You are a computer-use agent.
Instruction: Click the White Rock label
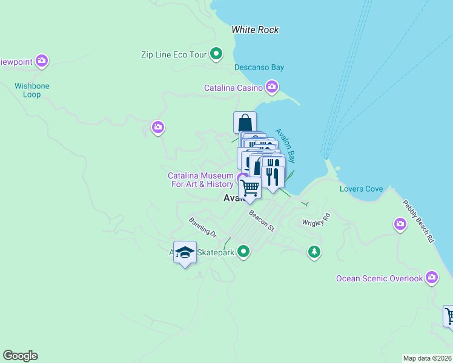click(x=255, y=29)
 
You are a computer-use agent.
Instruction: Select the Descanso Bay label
click(x=259, y=67)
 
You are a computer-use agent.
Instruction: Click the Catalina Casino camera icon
click(x=272, y=88)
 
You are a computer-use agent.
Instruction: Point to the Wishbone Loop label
click(x=32, y=90)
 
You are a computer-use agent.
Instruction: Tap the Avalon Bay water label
click(x=285, y=145)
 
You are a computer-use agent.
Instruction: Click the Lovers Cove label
click(x=361, y=189)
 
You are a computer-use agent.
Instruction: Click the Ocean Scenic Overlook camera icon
click(x=431, y=278)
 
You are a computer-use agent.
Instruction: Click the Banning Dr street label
click(x=202, y=226)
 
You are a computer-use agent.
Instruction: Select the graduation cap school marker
click(x=185, y=252)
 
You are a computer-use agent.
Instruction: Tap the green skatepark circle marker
click(x=243, y=250)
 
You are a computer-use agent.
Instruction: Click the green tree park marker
click(x=314, y=250)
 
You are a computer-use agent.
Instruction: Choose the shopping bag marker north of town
click(x=245, y=122)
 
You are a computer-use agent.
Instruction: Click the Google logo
click(x=20, y=356)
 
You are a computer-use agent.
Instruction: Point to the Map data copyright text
click(x=428, y=358)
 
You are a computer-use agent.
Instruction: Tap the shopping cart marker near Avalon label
click(x=250, y=189)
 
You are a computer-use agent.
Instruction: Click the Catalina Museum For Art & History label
click(x=200, y=180)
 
